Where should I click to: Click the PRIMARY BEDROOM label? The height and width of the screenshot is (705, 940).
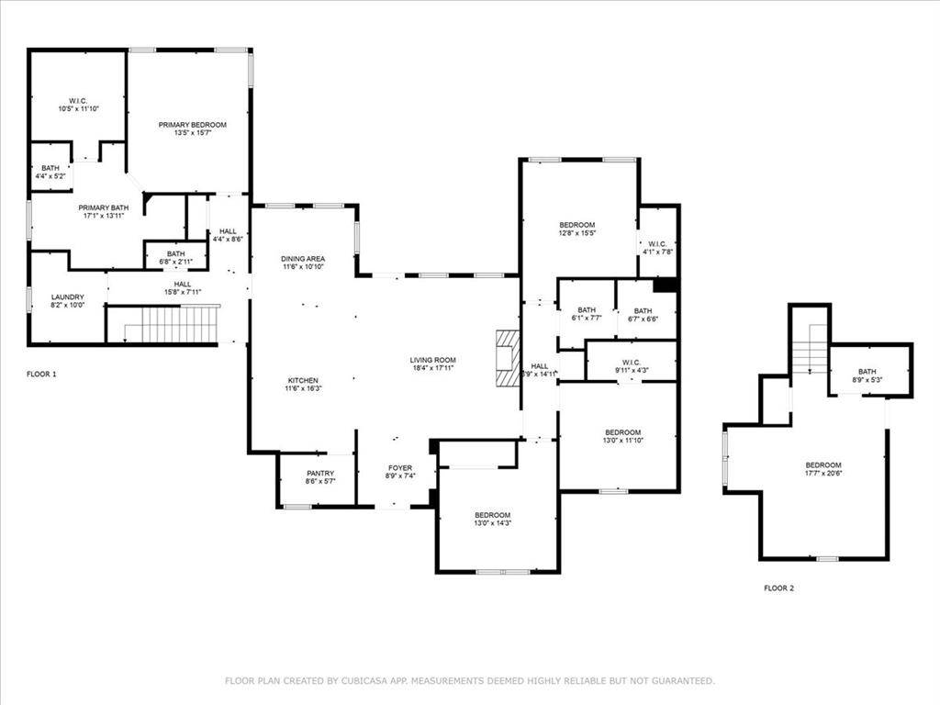pos(192,125)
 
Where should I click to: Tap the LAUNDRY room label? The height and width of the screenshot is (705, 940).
pos(67,297)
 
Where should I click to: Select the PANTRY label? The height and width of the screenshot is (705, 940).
pos(320,473)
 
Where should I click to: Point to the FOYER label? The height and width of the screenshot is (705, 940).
pos(399,468)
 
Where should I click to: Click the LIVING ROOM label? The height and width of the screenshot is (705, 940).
pos(432,360)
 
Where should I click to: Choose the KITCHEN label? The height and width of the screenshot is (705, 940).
pos(303,380)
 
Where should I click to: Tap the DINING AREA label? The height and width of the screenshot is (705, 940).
pos(303,259)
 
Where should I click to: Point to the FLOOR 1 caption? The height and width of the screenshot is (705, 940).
pos(41,375)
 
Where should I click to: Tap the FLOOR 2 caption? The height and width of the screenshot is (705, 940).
pos(778,587)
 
